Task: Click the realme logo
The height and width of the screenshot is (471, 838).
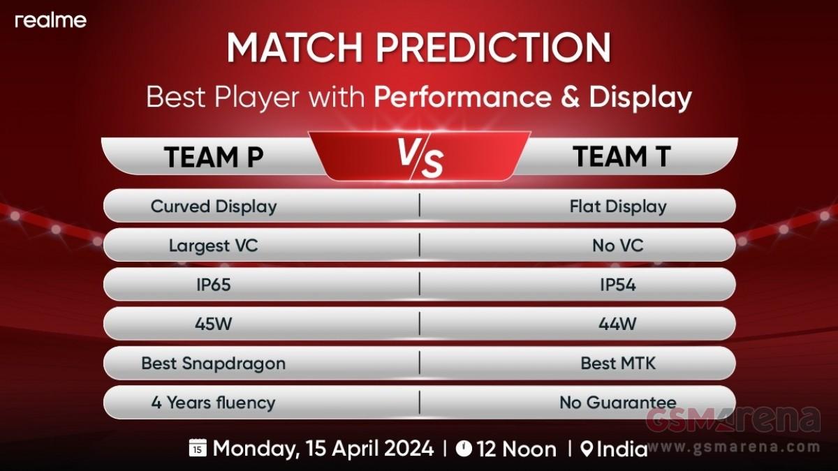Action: tap(50, 20)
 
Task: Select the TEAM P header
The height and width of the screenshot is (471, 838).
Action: tap(213, 157)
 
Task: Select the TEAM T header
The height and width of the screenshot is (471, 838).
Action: tap(622, 156)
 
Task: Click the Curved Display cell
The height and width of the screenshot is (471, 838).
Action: tap(214, 207)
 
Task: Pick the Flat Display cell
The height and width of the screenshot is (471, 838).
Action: tap(618, 207)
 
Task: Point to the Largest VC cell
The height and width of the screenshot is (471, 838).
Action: tap(213, 246)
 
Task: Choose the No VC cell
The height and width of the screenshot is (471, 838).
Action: tap(617, 246)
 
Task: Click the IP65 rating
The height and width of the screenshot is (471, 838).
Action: tap(213, 285)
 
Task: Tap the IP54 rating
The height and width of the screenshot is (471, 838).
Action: tap(617, 285)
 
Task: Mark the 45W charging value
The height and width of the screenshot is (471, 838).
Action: tap(213, 324)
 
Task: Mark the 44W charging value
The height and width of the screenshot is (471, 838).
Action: tap(617, 324)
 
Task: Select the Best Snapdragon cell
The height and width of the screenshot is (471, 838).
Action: tap(213, 364)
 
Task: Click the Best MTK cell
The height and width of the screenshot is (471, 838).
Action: tap(618, 364)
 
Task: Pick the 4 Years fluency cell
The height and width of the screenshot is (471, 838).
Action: tap(213, 403)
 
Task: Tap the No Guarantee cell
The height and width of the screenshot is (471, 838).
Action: tap(617, 403)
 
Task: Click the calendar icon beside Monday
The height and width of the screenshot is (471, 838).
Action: tap(198, 447)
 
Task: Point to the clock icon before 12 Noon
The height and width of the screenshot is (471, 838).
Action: tap(464, 448)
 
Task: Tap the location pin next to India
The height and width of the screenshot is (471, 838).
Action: tap(587, 449)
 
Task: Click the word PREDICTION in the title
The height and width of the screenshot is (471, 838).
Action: tap(494, 48)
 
